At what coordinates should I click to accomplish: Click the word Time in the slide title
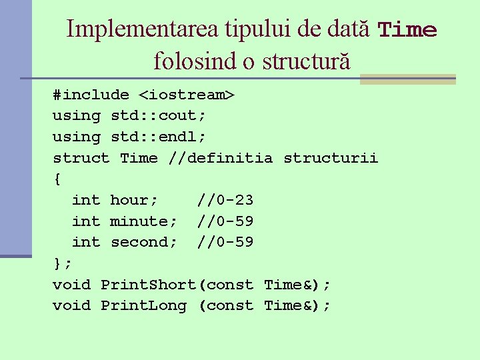(x=407, y=30)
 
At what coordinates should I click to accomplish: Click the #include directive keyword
(x=91, y=95)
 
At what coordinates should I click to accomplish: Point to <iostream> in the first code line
(x=187, y=95)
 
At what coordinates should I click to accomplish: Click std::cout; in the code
(x=158, y=115)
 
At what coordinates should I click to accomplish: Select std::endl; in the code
(x=158, y=137)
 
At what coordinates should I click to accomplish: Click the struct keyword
(x=81, y=158)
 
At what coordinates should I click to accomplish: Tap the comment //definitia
(x=221, y=158)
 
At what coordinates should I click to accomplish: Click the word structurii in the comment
(x=331, y=158)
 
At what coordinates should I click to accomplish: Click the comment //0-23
(x=225, y=200)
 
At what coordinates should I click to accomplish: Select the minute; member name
(x=143, y=221)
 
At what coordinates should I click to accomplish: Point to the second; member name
(x=143, y=242)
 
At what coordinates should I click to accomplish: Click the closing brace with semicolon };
(x=62, y=263)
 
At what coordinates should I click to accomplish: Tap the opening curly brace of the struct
(x=57, y=179)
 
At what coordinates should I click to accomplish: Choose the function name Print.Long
(x=143, y=305)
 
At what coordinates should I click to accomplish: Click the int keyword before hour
(x=85, y=200)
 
